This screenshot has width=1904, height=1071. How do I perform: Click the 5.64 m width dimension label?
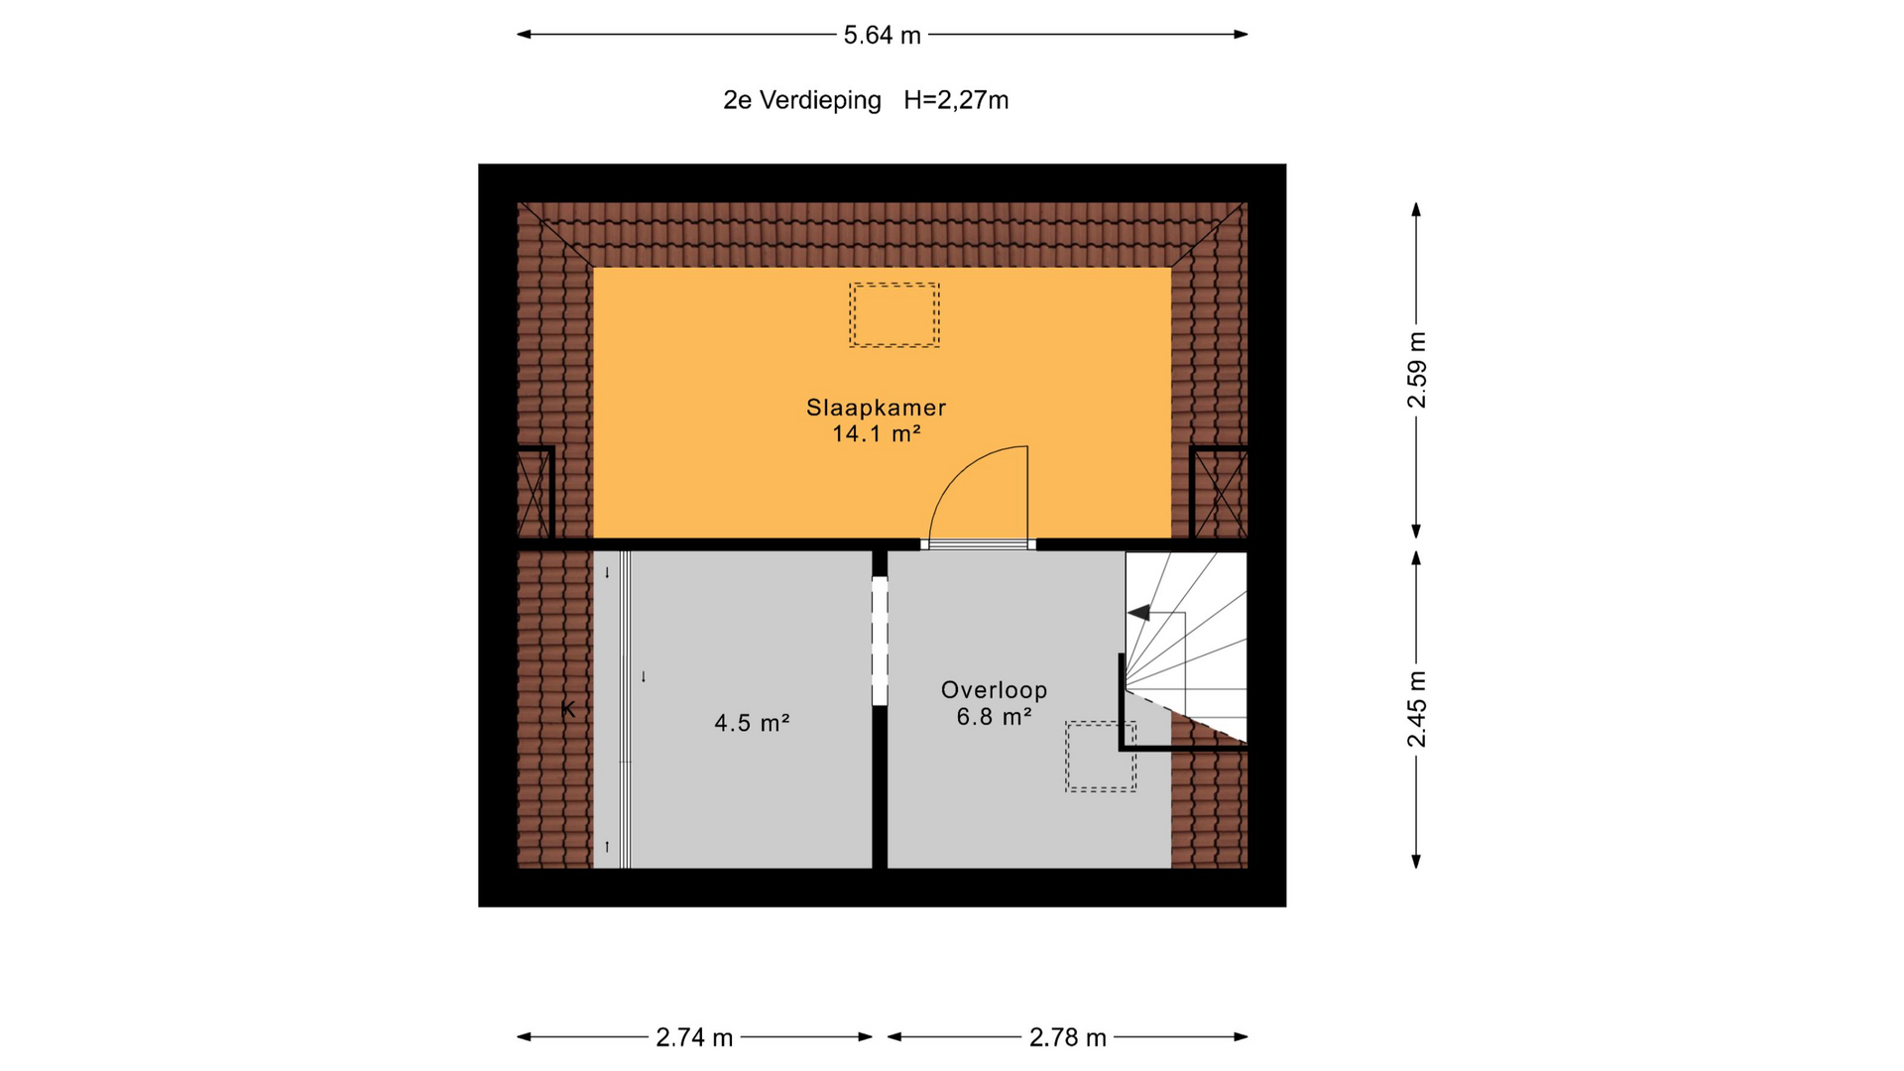tap(882, 36)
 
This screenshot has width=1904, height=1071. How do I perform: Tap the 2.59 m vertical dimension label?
tap(1416, 370)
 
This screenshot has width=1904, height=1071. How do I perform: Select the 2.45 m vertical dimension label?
tap(1416, 709)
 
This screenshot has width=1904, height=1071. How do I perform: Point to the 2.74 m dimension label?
tap(694, 1037)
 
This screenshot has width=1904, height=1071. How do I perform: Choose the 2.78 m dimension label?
tap(1067, 1037)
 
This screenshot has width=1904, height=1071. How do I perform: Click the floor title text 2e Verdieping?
tap(802, 100)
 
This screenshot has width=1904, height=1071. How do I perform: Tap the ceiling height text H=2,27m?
tap(956, 100)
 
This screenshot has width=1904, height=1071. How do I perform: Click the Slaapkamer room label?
tap(876, 408)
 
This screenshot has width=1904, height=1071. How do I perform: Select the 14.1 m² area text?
tap(877, 433)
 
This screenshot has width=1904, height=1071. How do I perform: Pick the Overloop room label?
tap(994, 690)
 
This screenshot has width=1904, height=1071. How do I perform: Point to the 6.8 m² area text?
tap(994, 716)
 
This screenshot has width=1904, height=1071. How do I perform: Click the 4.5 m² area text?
tap(752, 723)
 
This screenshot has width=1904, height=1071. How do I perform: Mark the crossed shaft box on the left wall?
tap(535, 493)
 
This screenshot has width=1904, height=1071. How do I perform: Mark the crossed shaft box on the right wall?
tap(1219, 493)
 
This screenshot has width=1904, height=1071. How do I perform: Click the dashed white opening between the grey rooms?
tap(880, 641)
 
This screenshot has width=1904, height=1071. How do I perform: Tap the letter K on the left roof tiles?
tap(568, 709)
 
